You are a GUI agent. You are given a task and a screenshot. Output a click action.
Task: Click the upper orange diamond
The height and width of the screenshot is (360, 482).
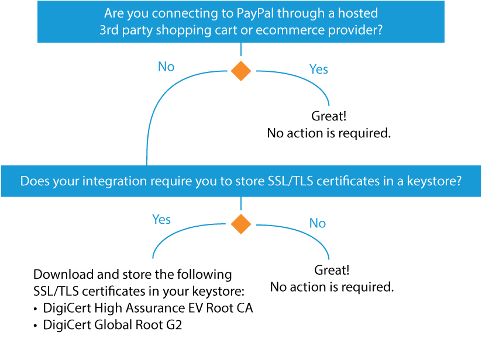click(240, 71)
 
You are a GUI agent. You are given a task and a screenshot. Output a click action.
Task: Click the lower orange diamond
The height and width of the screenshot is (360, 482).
click(240, 224)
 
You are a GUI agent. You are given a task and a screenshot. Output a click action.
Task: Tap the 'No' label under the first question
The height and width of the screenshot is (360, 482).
click(166, 67)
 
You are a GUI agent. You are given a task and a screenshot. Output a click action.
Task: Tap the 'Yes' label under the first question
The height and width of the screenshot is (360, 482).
click(318, 69)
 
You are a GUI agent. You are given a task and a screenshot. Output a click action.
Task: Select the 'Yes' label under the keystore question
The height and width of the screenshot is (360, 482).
click(161, 219)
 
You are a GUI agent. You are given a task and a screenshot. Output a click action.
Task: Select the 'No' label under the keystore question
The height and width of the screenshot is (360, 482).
click(318, 223)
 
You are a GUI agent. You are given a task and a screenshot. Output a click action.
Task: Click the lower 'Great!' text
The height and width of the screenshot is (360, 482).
click(332, 271)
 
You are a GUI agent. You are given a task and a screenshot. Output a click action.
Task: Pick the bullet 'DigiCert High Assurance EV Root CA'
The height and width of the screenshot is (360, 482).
click(148, 308)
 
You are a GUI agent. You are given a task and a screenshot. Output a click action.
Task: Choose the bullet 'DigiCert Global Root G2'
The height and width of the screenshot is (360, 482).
click(112, 325)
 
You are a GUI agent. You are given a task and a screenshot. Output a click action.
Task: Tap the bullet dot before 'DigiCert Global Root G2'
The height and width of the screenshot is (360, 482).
click(36, 326)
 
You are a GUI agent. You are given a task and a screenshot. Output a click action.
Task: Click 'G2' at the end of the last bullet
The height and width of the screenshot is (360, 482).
click(174, 325)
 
